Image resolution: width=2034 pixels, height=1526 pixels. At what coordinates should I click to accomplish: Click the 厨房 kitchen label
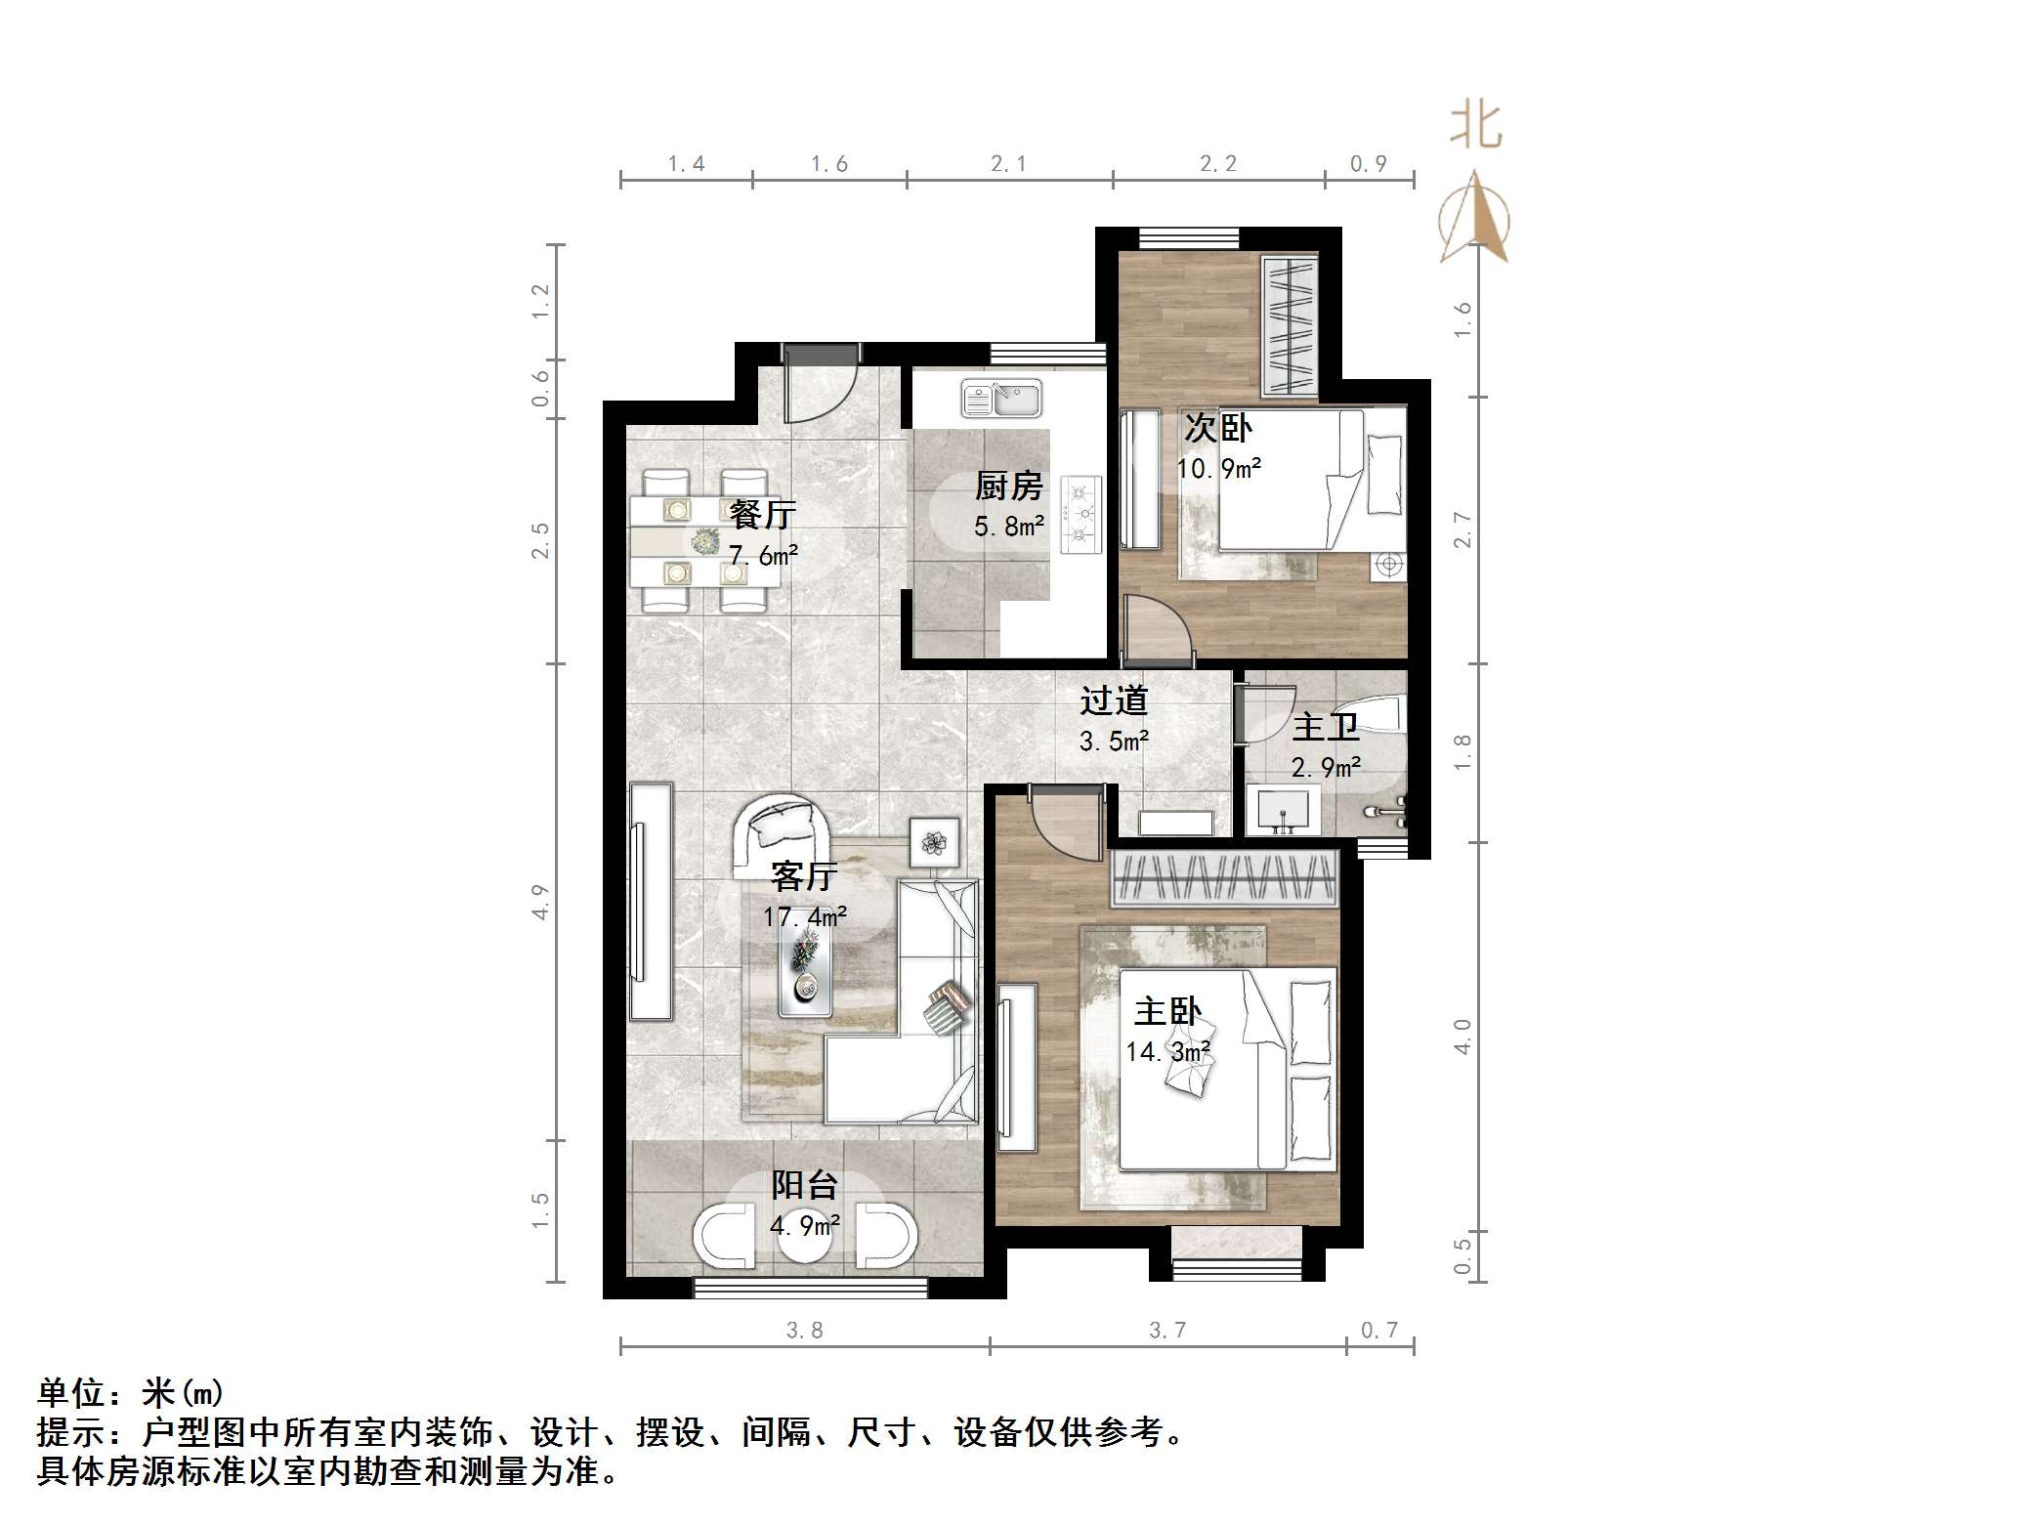(x=1008, y=486)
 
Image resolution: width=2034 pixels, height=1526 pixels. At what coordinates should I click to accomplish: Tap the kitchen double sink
(x=1001, y=399)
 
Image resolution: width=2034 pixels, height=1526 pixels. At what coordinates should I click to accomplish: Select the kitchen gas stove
(x=1081, y=514)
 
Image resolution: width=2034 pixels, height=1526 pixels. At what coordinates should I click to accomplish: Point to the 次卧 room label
(x=1217, y=427)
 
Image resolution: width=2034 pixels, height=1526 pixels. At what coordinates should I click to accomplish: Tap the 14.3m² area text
(x=1167, y=1051)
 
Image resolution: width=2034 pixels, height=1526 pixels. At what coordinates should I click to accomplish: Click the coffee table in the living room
(x=805, y=966)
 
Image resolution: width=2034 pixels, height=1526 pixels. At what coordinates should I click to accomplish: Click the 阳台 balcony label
(x=804, y=1185)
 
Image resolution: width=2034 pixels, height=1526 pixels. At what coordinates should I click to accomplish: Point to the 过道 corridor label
(x=1113, y=699)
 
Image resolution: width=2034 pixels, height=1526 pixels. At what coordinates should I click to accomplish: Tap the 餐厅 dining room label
(x=762, y=514)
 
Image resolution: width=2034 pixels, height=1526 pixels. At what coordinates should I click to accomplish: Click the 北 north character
(x=1475, y=128)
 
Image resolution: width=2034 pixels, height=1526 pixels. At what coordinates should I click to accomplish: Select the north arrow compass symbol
(x=1474, y=219)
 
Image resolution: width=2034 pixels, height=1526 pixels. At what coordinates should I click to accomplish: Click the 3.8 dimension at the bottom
(x=804, y=1330)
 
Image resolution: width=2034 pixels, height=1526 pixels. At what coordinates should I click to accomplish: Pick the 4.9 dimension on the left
(x=540, y=901)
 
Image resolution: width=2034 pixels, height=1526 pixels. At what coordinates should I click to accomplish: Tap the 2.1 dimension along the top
(x=1008, y=164)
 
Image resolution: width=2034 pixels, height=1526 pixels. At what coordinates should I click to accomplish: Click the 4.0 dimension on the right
(x=1462, y=1036)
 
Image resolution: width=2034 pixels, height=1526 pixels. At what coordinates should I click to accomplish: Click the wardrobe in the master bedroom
(x=1224, y=877)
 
